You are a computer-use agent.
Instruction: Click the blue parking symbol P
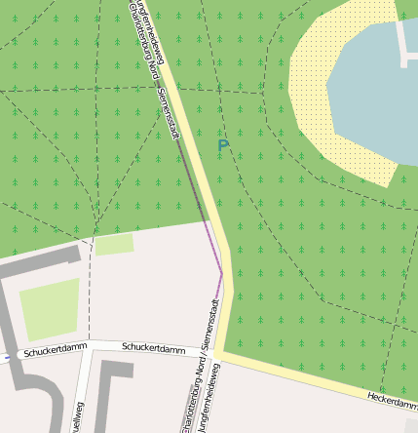(x=223, y=148)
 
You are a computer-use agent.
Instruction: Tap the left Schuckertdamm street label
(x=57, y=350)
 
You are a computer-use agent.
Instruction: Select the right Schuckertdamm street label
(x=154, y=348)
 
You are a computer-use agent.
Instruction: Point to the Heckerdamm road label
(x=392, y=400)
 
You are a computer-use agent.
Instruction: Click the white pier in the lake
(x=405, y=44)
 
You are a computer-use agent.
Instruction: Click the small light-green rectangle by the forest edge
(x=114, y=244)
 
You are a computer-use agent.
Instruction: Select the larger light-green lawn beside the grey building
(x=49, y=308)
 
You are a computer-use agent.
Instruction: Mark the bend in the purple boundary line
(x=222, y=274)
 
